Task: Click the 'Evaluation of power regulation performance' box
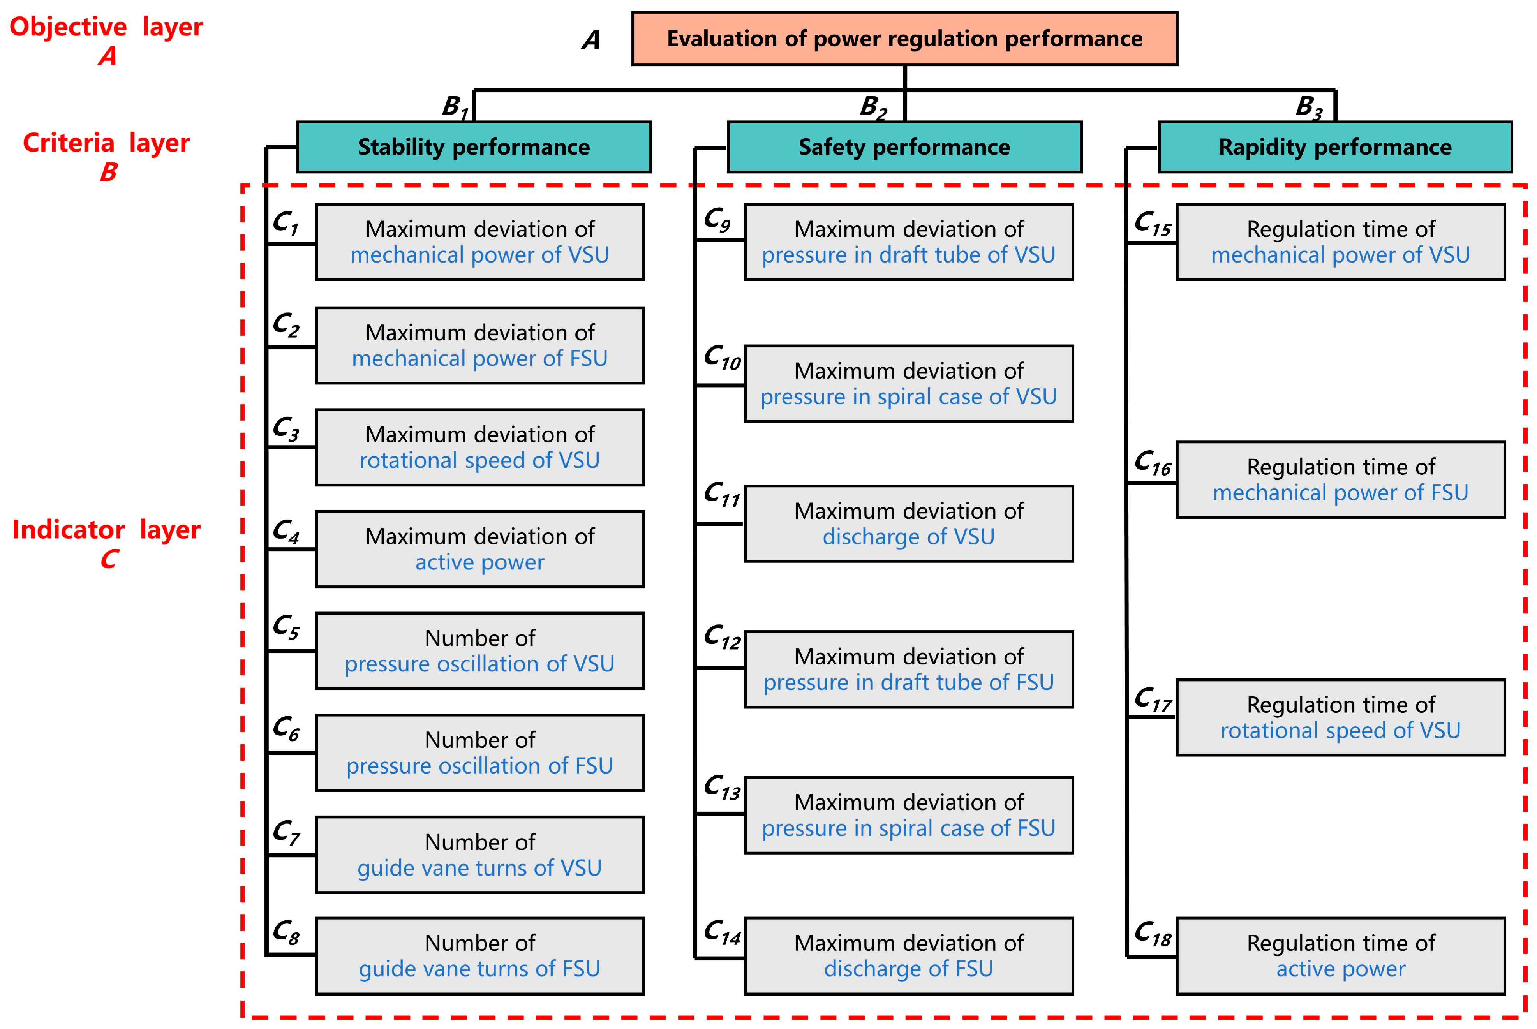[904, 39]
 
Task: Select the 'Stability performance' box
[474, 147]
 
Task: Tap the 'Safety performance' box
[904, 147]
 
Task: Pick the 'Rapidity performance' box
[1335, 147]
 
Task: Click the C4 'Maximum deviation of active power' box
[480, 549]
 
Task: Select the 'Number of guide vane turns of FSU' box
[480, 956]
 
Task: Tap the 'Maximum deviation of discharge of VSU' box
[909, 524]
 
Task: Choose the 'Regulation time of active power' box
[1341, 956]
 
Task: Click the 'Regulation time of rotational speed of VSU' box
[1341, 717]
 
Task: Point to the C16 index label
[1153, 463]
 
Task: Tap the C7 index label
[287, 832]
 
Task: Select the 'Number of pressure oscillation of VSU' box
[480, 651]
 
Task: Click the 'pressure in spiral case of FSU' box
[909, 815]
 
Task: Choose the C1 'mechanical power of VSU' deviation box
[480, 242]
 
